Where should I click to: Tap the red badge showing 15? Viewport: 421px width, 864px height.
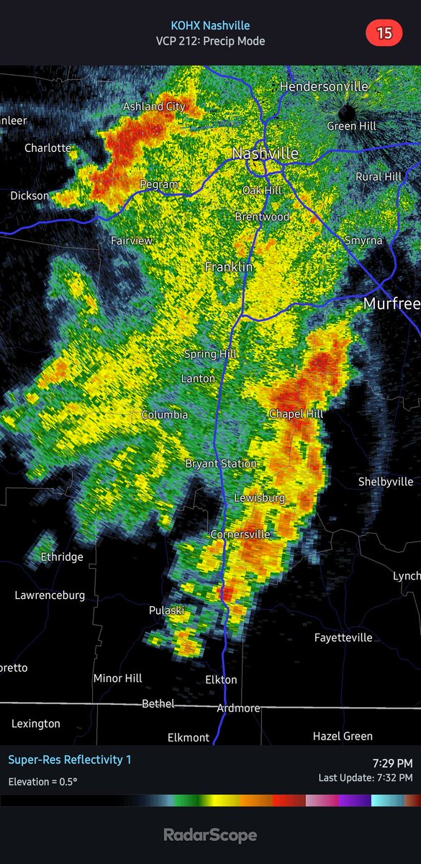point(384,33)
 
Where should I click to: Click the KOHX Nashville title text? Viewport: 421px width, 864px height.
point(210,25)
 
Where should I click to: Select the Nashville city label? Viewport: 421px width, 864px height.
point(265,153)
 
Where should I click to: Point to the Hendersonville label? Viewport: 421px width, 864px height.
point(324,86)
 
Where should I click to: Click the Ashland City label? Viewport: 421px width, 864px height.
point(154,106)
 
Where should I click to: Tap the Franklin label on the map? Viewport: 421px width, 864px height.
point(229,267)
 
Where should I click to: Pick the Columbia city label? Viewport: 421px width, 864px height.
point(164,415)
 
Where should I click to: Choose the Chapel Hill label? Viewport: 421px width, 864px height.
point(296,414)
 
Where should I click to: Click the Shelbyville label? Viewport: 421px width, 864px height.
point(386,482)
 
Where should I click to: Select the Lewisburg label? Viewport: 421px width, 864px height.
point(259,498)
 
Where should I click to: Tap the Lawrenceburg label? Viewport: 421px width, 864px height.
point(50,595)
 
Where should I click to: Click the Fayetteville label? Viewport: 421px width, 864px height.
point(343,637)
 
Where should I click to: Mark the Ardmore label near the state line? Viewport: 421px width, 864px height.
point(238,708)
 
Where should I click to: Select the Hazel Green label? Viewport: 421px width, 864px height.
point(343,736)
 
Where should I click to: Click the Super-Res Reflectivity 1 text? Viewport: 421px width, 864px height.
point(70,760)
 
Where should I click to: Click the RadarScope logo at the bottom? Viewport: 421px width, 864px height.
point(210,835)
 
